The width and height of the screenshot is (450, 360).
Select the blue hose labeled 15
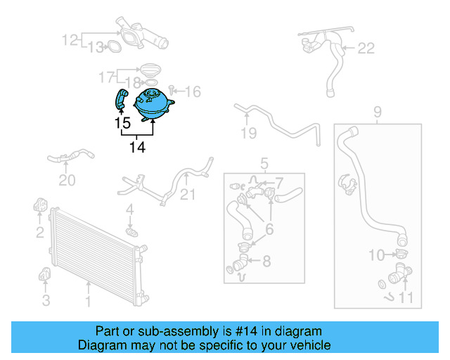pos(121,98)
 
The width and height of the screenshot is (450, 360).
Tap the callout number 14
pos(137,148)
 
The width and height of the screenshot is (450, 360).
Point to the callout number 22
pos(366,49)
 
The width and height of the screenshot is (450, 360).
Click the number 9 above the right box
pos(377,111)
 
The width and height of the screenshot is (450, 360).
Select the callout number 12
pos(70,40)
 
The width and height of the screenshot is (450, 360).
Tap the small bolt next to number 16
pos(173,91)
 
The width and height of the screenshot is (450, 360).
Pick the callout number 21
pos(188,195)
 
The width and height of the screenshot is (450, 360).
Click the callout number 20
pos(66,181)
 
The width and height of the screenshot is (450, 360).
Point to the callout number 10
pos(377,255)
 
